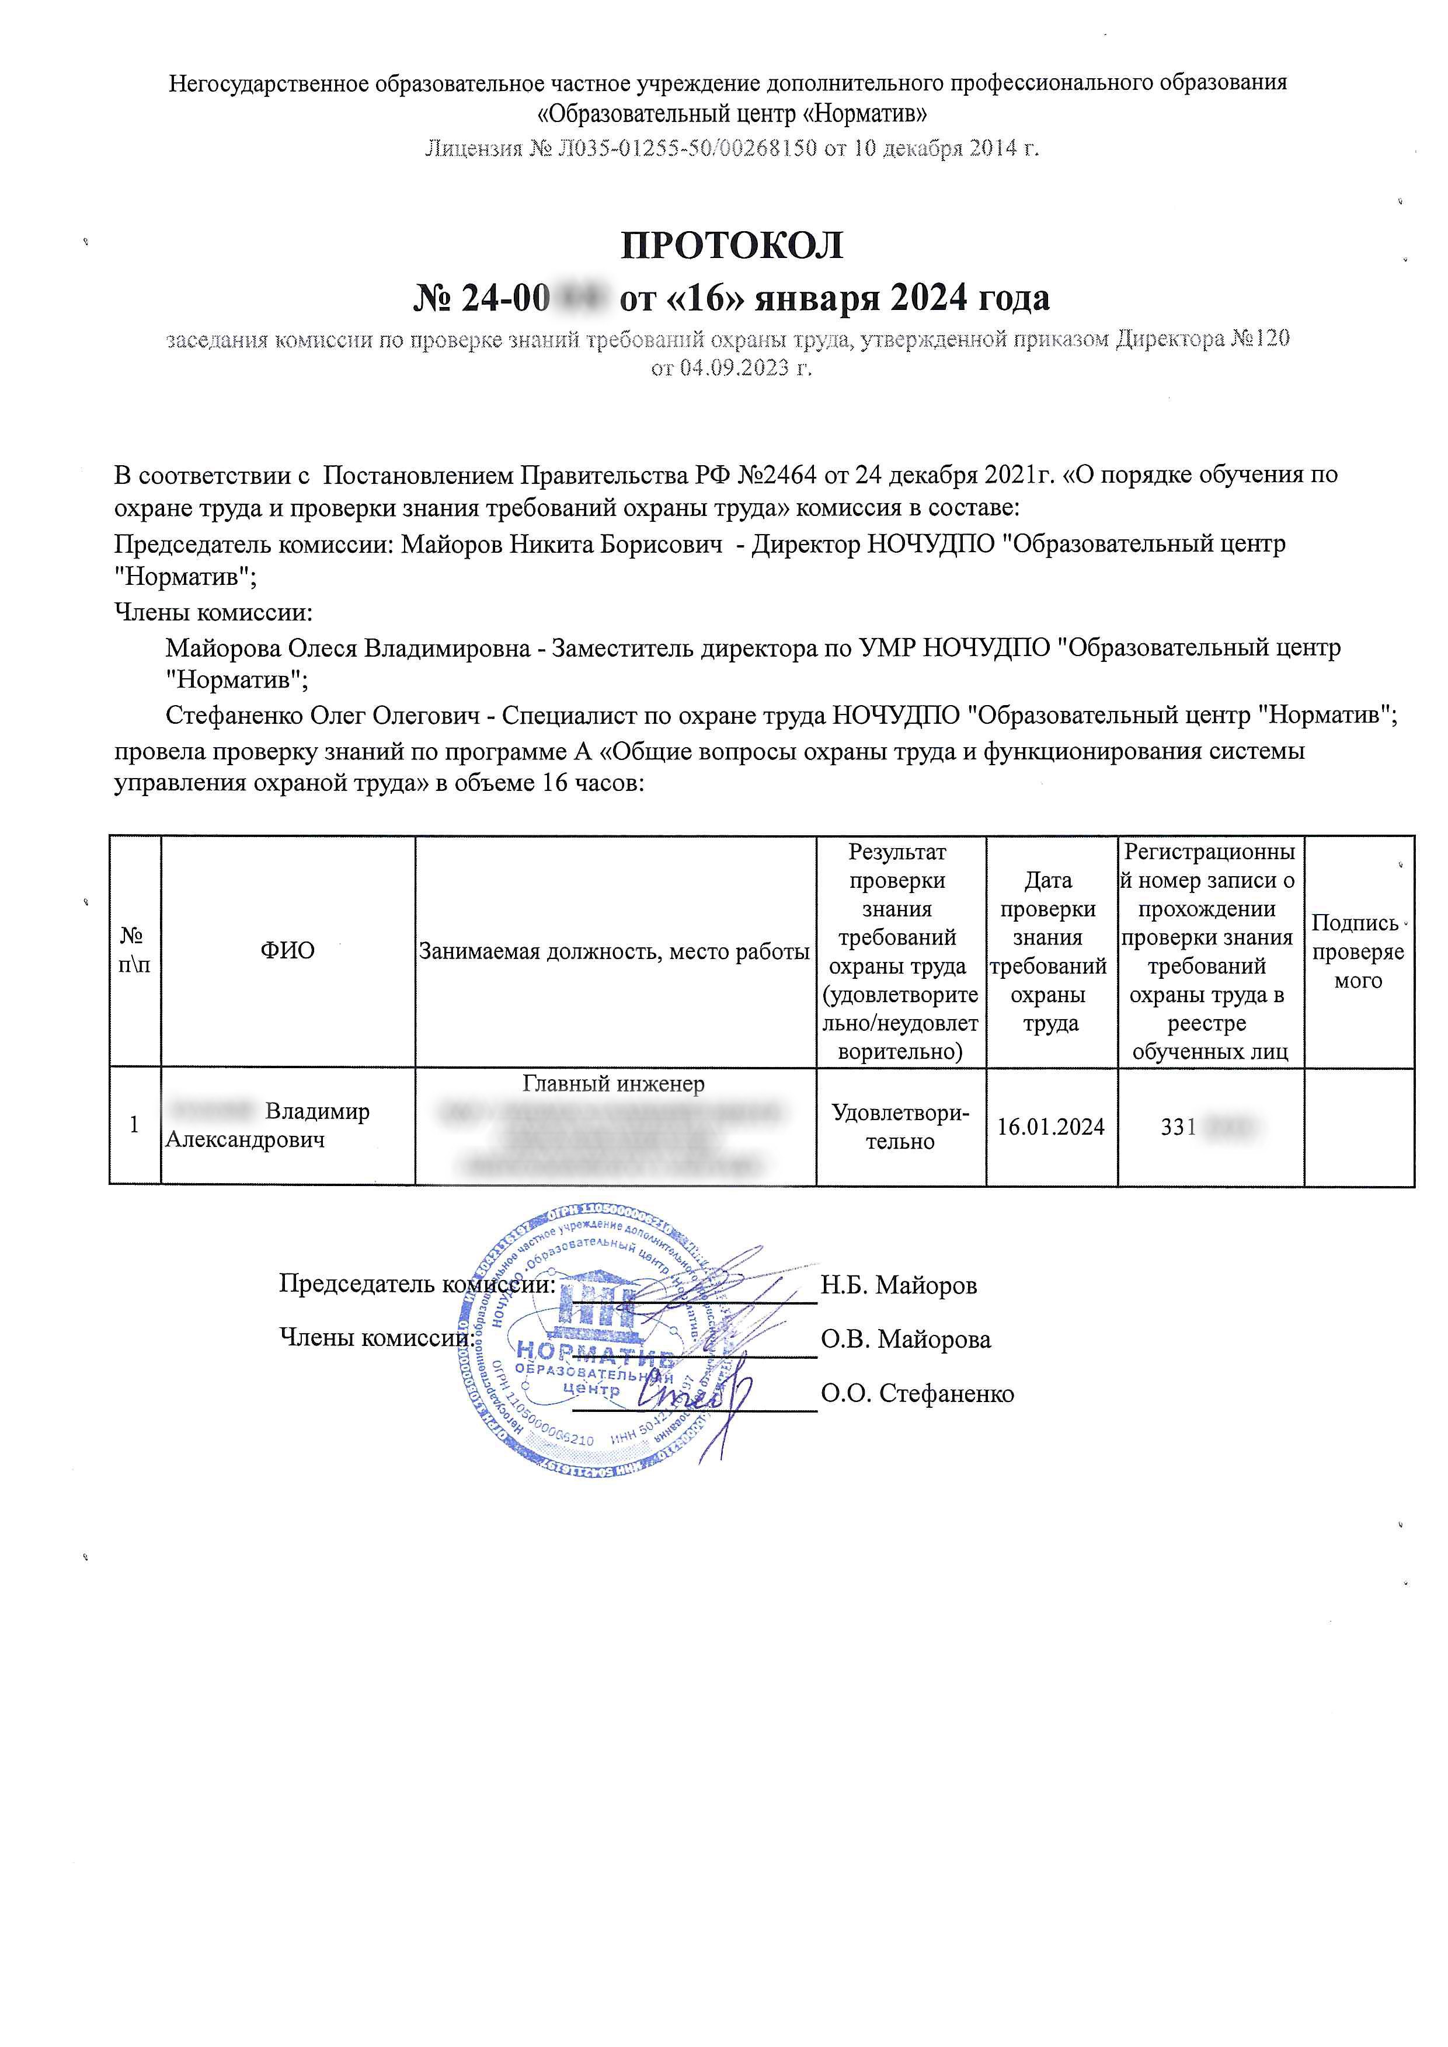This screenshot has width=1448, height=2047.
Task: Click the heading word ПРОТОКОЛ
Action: (x=731, y=245)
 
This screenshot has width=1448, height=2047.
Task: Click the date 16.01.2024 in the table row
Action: (x=1050, y=1127)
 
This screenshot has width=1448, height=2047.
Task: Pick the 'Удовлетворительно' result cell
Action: (x=900, y=1127)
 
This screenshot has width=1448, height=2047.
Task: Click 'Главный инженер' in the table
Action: (x=614, y=1084)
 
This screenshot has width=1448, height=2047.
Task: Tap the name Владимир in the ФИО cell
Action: (x=318, y=1112)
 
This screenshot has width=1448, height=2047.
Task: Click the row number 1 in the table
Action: (x=135, y=1125)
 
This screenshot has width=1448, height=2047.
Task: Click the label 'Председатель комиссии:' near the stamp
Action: (x=416, y=1284)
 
